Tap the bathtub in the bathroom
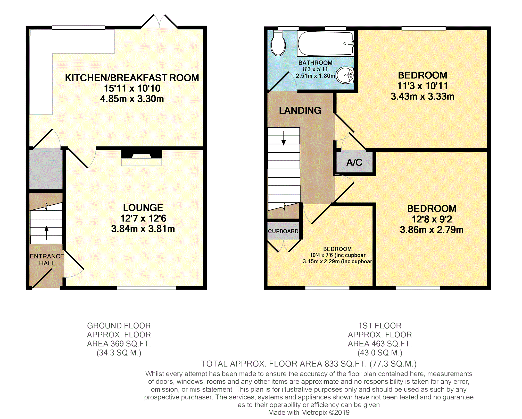coord(326,43)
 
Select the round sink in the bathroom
coord(345,75)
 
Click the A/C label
coord(354,162)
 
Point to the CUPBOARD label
coord(283,231)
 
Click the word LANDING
coord(300,110)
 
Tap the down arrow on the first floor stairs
coord(284,138)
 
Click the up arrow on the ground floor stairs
coord(46,233)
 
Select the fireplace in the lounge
coord(142,158)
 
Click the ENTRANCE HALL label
coord(47,260)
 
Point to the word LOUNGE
coord(143,208)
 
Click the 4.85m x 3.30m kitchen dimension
coord(132,99)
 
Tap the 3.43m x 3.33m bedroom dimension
coord(422,97)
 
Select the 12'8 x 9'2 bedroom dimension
coord(432,219)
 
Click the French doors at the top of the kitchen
coord(159,21)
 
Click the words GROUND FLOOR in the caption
coord(119,326)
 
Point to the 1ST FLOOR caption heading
coord(380,326)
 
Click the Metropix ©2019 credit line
coord(309,413)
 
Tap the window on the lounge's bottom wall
coord(147,288)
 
